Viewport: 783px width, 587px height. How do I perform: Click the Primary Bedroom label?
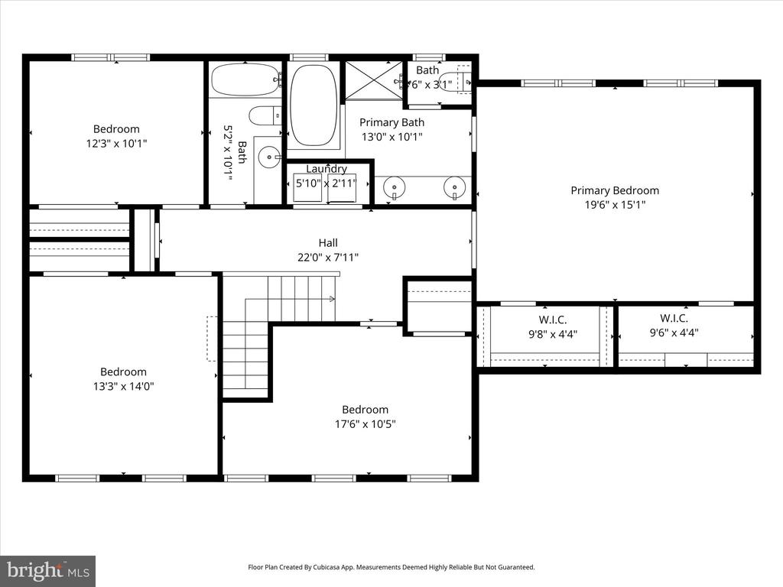614,190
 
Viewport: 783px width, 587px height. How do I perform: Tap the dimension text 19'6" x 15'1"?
614,205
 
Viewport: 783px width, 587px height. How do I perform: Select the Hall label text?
328,243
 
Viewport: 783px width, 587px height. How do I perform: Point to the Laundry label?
327,169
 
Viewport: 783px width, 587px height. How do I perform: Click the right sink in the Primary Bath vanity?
455,186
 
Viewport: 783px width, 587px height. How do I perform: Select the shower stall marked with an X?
373,79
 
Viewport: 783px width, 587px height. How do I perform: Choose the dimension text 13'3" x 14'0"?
123,386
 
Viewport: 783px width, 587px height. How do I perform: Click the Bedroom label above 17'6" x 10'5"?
365,410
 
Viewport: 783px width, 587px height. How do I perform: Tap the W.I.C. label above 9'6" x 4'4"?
674,318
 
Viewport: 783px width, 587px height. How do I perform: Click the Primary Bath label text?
391,122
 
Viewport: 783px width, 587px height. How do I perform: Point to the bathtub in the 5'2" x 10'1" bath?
245,79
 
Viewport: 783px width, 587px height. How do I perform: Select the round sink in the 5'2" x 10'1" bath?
268,158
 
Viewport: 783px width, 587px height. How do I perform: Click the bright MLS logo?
47,570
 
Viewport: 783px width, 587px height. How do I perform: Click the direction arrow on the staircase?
331,298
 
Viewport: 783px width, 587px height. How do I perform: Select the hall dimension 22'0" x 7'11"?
328,258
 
